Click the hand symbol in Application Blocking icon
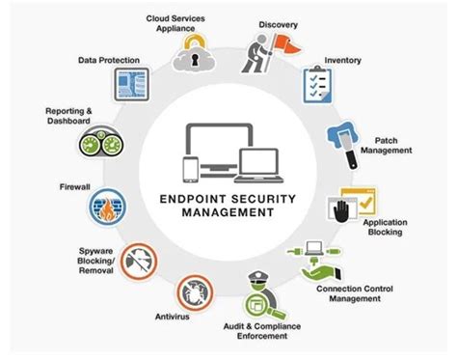pos(338,208)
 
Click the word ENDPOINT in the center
pos(196,200)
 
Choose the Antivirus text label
pos(175,316)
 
